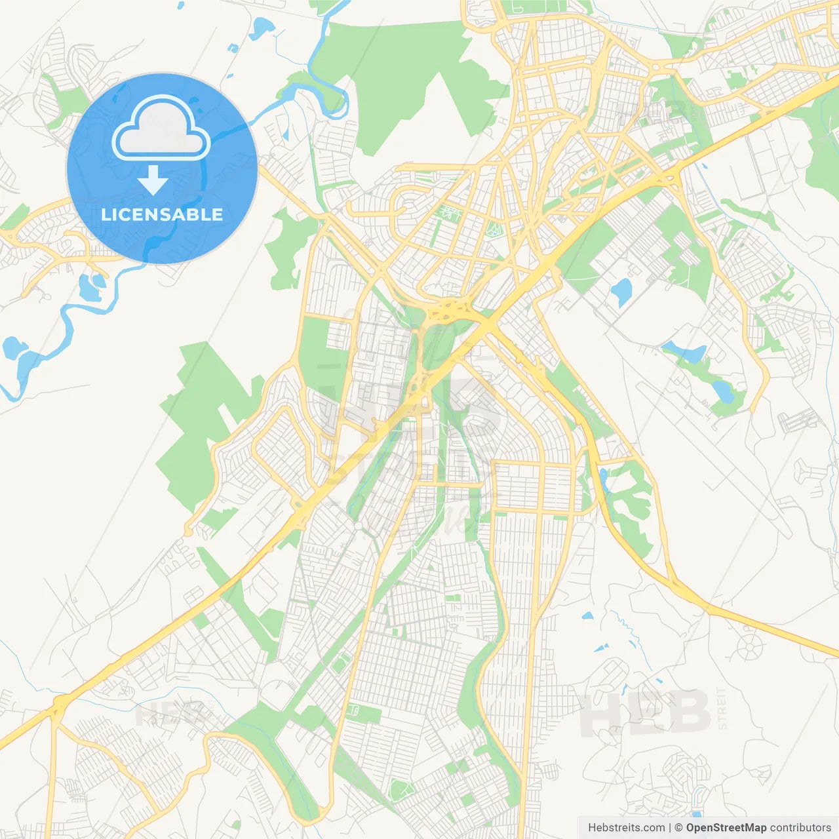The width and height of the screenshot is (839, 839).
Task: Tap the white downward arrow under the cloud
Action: (x=153, y=180)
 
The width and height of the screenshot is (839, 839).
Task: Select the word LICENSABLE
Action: (x=162, y=214)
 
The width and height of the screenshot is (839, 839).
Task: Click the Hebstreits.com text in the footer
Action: (x=626, y=828)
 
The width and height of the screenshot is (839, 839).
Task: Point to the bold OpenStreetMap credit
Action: (x=726, y=828)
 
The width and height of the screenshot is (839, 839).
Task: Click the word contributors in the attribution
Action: (x=800, y=828)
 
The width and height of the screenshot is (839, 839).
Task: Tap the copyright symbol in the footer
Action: (x=678, y=828)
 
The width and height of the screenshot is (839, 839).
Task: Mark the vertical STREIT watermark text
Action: (x=722, y=708)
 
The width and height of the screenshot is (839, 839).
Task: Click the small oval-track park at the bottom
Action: (x=400, y=790)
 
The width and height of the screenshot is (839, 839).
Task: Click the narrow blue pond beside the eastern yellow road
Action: (x=602, y=479)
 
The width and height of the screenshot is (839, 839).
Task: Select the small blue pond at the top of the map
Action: (x=263, y=27)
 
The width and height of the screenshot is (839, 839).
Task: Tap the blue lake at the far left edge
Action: (x=11, y=347)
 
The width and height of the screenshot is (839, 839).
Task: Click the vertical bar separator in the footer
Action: (x=669, y=828)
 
